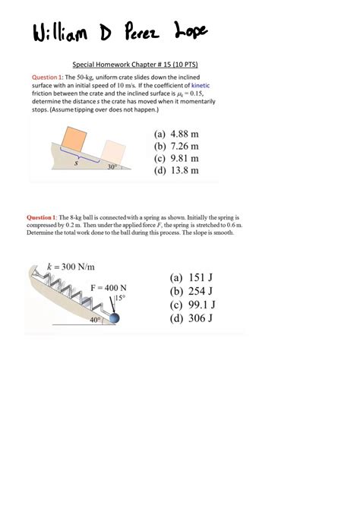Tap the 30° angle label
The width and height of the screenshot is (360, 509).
click(112, 168)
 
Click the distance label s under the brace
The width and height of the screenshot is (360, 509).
click(76, 163)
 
